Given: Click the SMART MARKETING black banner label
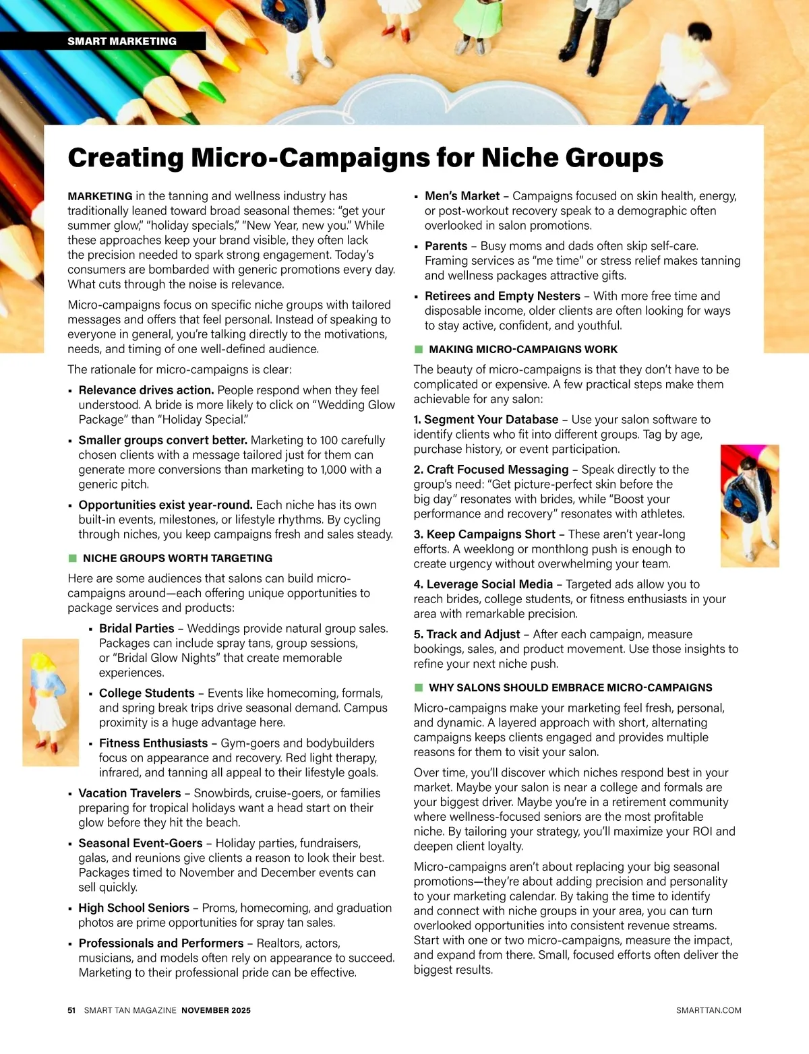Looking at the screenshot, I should click(122, 41).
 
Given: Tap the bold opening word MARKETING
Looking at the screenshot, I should click(100, 196).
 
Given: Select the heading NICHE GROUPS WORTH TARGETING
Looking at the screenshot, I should click(177, 558).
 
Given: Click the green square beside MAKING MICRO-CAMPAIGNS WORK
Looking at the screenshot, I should click(418, 349).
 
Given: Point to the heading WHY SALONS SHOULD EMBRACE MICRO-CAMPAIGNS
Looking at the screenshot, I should click(570, 687).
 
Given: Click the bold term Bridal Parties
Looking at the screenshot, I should click(137, 628).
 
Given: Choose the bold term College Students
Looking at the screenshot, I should click(147, 693).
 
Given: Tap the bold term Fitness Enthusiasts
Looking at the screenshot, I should click(154, 743).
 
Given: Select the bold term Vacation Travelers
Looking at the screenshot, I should click(130, 793).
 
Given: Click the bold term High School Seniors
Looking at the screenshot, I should click(134, 908).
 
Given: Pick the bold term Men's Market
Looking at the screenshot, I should click(462, 196).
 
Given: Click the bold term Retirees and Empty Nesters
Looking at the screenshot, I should click(502, 296).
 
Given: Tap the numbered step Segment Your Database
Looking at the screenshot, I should click(491, 419).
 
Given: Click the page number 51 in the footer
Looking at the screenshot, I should click(71, 1010).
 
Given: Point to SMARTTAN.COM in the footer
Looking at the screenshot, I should click(709, 1010).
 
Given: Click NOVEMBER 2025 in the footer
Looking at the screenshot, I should click(216, 1010).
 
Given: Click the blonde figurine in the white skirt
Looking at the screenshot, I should click(50, 701).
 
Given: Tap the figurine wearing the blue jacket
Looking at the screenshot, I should click(748, 502).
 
